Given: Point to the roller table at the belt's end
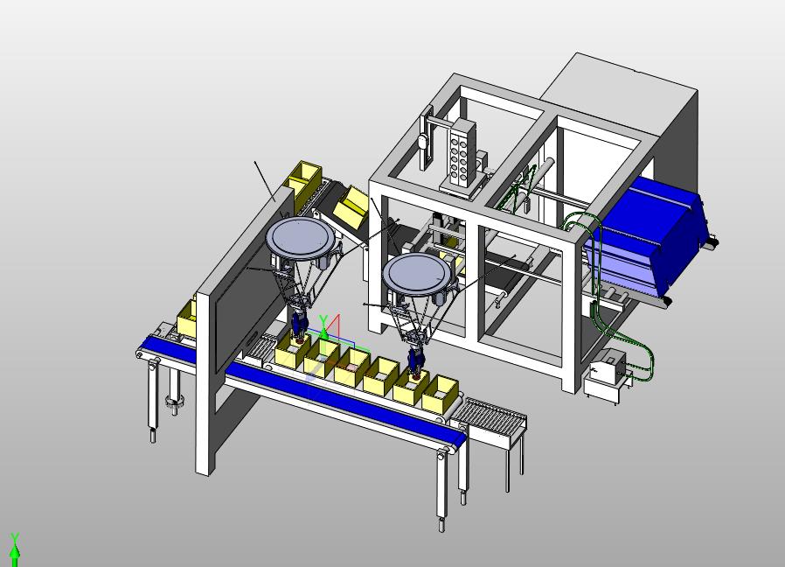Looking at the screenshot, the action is click(493, 418).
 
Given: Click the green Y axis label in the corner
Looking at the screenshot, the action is click(15, 538).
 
